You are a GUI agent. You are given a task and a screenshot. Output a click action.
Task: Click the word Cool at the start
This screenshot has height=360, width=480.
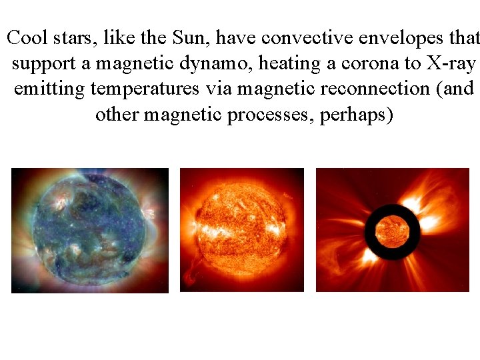point(26,37)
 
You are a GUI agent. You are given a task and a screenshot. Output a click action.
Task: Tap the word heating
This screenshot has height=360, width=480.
point(290,64)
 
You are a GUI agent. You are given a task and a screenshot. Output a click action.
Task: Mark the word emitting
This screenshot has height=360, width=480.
point(49,89)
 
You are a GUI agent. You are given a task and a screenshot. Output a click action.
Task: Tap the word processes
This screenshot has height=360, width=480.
point(271,115)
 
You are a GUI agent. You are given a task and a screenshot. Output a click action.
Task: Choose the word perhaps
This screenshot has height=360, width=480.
point(357,115)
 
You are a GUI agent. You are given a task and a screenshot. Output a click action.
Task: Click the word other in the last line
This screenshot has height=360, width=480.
point(117,114)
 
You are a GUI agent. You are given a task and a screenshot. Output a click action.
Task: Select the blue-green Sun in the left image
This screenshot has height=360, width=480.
point(88,231)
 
